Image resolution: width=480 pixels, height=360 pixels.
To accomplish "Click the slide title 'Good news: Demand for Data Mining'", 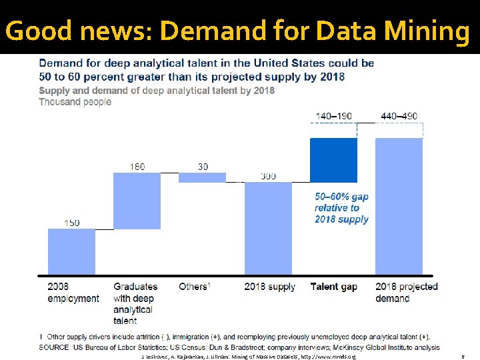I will coord(237,31).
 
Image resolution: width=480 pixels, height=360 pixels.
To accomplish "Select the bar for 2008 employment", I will coord(71,251).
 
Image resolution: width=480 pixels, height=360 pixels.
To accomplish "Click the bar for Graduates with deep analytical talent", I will coord(137,201).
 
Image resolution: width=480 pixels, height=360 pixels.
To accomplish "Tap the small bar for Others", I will coord(203,177).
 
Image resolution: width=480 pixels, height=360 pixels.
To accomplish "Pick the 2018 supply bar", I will coord(268,228).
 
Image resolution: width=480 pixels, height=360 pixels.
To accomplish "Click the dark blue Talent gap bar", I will coord(333,159).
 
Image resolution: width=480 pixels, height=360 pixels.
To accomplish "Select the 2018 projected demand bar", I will coord(399,206).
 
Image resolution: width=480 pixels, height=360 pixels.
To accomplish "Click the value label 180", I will coord(137,166).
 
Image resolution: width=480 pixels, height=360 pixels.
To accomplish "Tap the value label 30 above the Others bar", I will coord(203,166).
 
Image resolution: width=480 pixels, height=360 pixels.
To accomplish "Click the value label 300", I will coord(269,176).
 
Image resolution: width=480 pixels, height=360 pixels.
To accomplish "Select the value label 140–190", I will coord(334,116).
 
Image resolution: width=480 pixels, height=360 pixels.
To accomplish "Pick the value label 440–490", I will coord(399,116).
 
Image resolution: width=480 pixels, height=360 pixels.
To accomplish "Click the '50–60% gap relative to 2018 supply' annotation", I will coord(341,208).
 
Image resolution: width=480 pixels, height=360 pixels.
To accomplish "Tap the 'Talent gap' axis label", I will coord(334,287).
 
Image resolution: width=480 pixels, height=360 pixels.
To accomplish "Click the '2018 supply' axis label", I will coord(269,287).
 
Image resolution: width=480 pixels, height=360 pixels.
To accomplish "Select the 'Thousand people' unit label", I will coord(75,102).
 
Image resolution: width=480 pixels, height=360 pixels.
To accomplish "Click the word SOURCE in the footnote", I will coord(57,347).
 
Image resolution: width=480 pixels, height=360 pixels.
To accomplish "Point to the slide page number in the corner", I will coord(463,356).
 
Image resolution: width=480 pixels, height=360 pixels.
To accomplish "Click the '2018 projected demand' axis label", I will coord(407,292).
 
